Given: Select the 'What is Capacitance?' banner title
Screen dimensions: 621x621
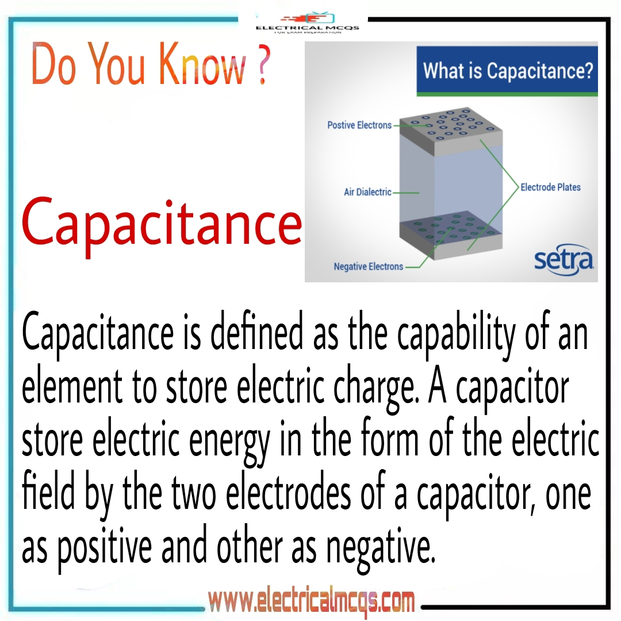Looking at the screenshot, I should (508, 72).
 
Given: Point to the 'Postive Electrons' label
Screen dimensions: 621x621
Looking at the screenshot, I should (359, 125).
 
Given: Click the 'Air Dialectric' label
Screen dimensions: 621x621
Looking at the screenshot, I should (367, 192).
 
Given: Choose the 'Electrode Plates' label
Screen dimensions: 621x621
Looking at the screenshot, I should (550, 187).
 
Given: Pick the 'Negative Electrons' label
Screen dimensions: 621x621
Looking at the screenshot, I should (369, 267).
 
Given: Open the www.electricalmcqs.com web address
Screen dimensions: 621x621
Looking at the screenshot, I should (311, 603).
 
